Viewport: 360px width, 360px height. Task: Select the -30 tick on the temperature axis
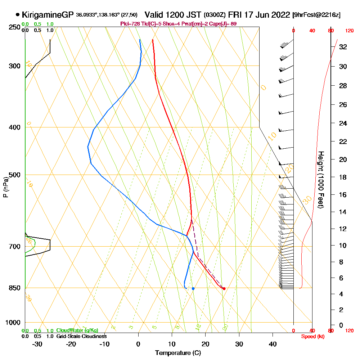coord(37,343)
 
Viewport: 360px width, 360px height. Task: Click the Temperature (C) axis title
coord(178,353)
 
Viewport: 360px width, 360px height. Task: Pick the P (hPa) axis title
coord(5,187)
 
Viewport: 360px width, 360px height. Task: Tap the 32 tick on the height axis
coord(343,47)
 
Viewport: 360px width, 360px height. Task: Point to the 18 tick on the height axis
coord(343,177)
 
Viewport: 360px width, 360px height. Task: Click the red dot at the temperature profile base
coord(224,288)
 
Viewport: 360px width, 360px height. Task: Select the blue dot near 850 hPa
coord(193,288)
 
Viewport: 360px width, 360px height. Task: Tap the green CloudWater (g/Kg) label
coord(77,330)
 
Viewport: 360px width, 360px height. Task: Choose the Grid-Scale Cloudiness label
coord(81,336)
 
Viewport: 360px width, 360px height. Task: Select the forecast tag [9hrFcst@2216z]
coord(317,15)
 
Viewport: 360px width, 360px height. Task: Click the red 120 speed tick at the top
coord(349,31)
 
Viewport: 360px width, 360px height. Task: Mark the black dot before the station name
coord(18,15)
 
